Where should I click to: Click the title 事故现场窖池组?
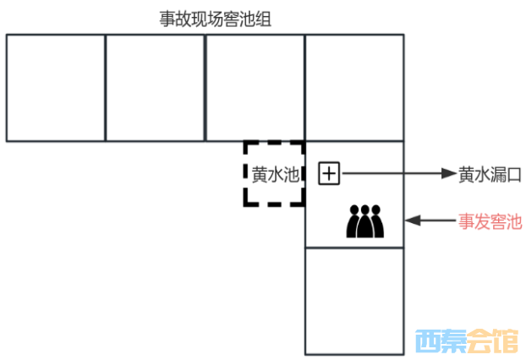click(x=216, y=19)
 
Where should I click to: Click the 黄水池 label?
click(x=276, y=174)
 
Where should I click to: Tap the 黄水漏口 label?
click(x=490, y=174)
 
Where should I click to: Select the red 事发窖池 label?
click(x=490, y=221)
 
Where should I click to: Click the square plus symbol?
click(x=328, y=173)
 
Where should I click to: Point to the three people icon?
click(x=365, y=221)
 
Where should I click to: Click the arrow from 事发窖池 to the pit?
click(x=427, y=221)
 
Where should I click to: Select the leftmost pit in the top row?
click(x=56, y=88)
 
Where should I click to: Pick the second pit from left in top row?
click(x=156, y=88)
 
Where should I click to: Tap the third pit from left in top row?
click(x=255, y=88)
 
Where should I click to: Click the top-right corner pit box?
click(x=354, y=88)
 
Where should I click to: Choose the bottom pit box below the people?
click(x=354, y=301)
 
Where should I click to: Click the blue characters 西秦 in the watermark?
click(x=440, y=341)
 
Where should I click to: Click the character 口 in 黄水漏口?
click(x=513, y=174)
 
